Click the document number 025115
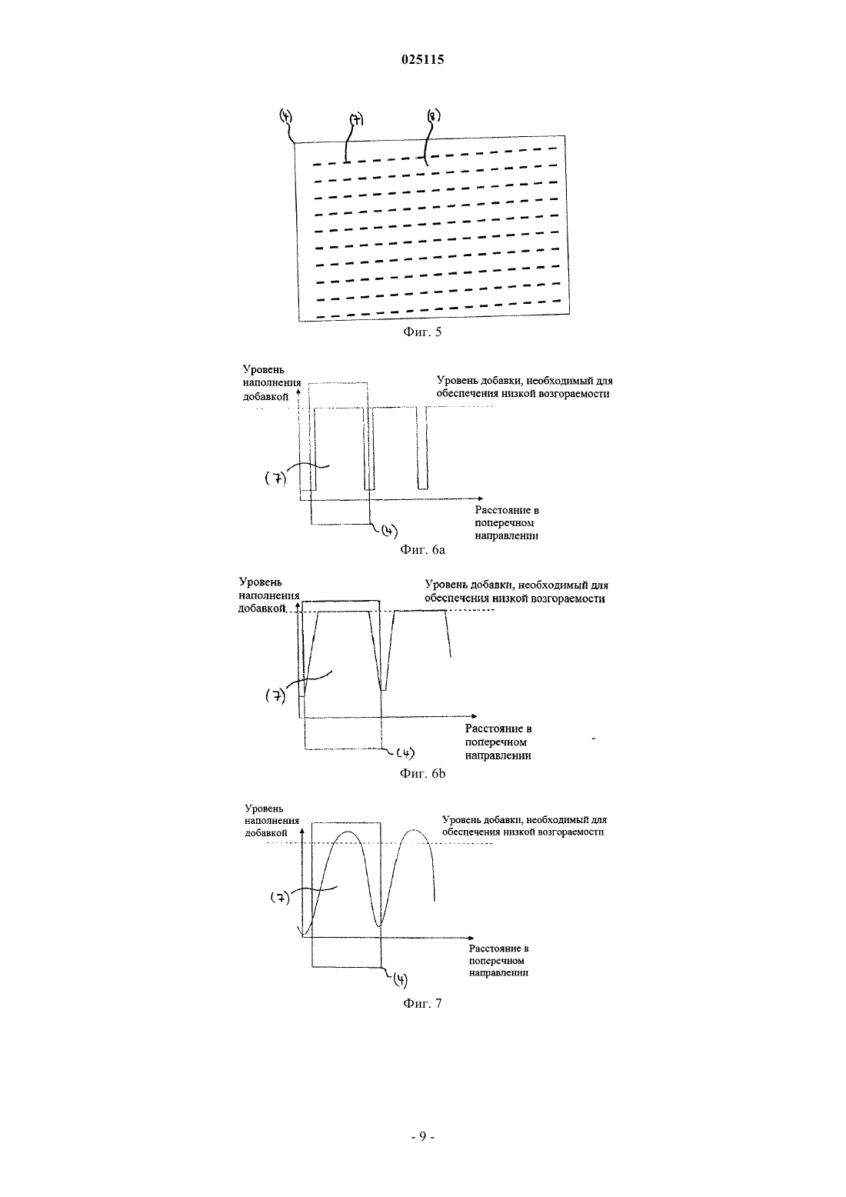(x=422, y=60)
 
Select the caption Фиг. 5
(x=422, y=332)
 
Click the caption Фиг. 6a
(x=422, y=550)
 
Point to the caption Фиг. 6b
(x=422, y=773)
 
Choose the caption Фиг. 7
(x=422, y=1003)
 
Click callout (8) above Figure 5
(x=434, y=115)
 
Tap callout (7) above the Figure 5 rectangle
(x=356, y=120)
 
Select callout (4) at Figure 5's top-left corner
(x=286, y=115)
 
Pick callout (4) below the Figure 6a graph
(x=388, y=531)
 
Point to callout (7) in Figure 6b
(x=275, y=695)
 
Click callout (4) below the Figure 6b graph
(x=405, y=753)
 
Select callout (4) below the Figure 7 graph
(x=400, y=980)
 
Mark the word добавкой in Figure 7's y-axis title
(x=267, y=832)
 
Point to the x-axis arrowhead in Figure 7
(x=471, y=938)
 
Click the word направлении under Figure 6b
(x=498, y=755)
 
